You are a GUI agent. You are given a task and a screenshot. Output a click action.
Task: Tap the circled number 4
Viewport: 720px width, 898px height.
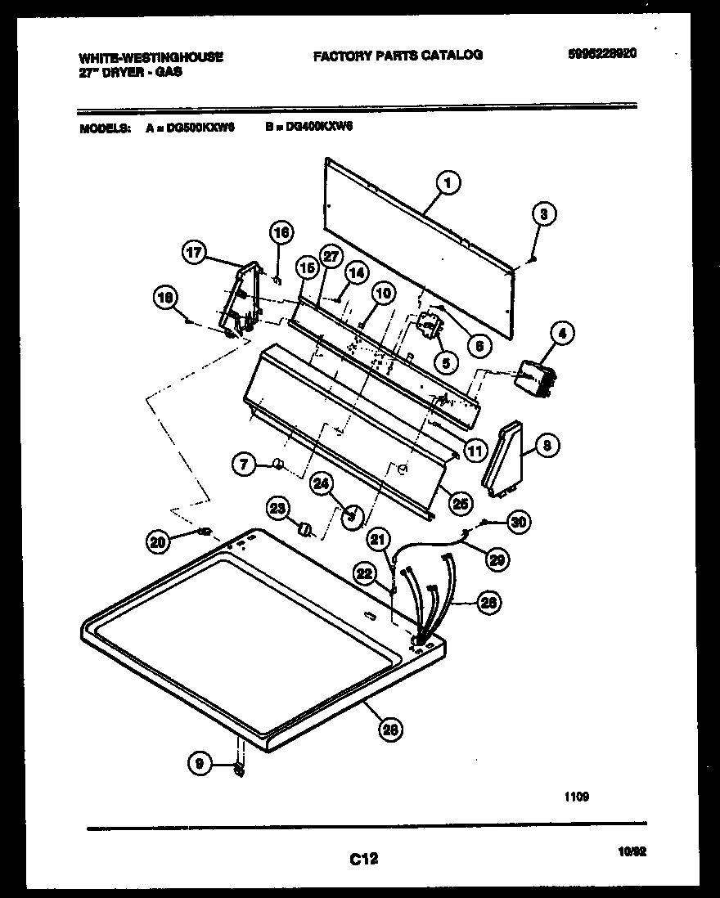(561, 333)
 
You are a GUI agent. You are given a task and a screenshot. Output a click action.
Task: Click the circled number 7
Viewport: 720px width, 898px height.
(243, 465)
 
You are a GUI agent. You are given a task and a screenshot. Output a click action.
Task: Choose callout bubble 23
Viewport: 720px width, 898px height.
(278, 509)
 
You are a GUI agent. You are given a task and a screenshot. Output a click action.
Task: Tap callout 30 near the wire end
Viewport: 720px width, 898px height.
(517, 521)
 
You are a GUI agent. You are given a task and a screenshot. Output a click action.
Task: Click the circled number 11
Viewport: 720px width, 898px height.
(475, 449)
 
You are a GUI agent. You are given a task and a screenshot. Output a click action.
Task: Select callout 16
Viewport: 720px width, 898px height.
(281, 233)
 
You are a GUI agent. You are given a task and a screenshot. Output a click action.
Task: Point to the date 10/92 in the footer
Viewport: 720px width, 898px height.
(632, 851)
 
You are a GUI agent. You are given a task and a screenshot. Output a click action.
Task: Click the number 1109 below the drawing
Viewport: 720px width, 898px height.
(575, 797)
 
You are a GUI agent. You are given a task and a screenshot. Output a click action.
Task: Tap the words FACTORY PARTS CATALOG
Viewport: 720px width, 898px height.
(398, 56)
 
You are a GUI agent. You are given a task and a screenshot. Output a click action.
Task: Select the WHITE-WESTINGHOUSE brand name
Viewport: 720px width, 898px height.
(151, 57)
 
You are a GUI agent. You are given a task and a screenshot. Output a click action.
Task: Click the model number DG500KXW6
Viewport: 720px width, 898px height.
(200, 128)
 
